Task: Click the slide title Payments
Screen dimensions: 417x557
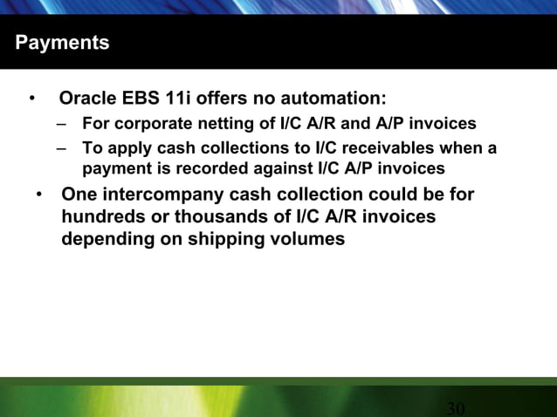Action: coord(62,43)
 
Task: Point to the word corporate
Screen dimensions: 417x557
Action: coord(148,123)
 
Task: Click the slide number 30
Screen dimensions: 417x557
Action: coord(455,408)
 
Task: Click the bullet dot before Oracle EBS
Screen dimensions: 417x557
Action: coord(32,97)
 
